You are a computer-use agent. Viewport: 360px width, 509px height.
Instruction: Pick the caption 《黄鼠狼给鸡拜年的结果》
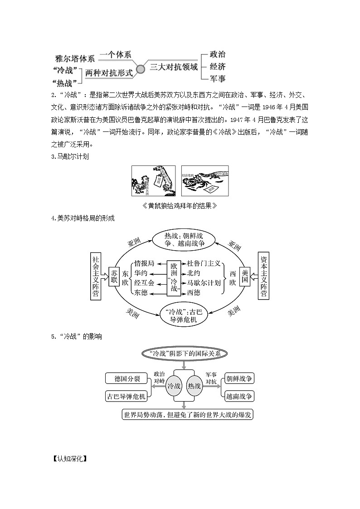click(180, 206)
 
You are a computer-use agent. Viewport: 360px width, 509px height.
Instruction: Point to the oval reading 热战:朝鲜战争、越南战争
click(185, 239)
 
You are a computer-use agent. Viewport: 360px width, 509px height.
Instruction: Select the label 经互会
click(144, 283)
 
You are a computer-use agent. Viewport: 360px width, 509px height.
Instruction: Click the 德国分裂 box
click(125, 378)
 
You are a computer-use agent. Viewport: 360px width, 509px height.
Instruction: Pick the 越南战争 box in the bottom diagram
click(240, 396)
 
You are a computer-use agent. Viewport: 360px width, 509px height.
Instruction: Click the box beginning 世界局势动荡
click(188, 414)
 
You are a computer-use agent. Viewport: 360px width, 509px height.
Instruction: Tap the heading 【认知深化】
click(69, 458)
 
